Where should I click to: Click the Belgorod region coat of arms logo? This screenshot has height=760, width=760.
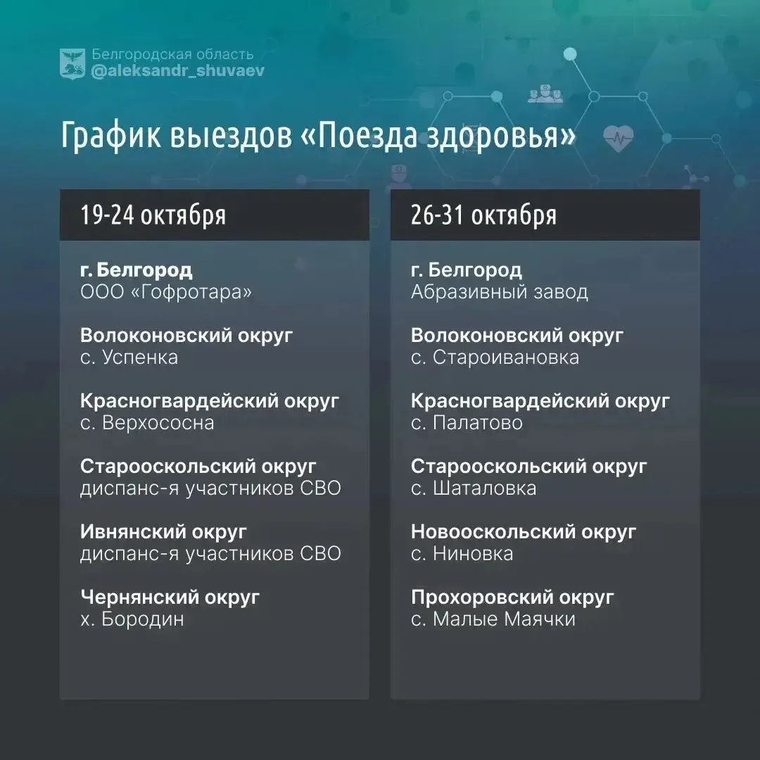(72, 63)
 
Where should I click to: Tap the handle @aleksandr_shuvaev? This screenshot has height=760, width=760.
(178, 71)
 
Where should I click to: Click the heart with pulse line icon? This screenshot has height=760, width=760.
(619, 139)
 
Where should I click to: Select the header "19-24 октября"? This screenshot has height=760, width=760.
(153, 215)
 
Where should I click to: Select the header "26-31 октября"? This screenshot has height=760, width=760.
(483, 215)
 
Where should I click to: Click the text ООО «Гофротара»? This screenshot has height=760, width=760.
(166, 292)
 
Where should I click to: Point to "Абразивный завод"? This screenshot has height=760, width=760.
(500, 292)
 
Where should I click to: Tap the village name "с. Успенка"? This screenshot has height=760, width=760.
(129, 357)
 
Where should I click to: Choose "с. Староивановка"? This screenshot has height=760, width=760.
(495, 357)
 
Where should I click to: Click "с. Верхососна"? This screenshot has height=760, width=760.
(147, 423)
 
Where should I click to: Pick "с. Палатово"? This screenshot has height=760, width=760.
(467, 423)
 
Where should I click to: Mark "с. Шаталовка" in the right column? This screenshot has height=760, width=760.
(474, 488)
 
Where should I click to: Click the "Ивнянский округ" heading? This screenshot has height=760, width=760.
(163, 532)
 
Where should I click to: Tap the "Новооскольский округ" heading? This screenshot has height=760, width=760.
(524, 532)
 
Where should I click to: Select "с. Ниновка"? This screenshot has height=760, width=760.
(462, 554)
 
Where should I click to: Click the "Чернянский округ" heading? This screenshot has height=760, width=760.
(170, 597)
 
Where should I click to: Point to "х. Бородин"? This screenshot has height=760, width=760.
(132, 619)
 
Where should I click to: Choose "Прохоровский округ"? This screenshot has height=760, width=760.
(512, 597)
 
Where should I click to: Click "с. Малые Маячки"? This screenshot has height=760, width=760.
(493, 619)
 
